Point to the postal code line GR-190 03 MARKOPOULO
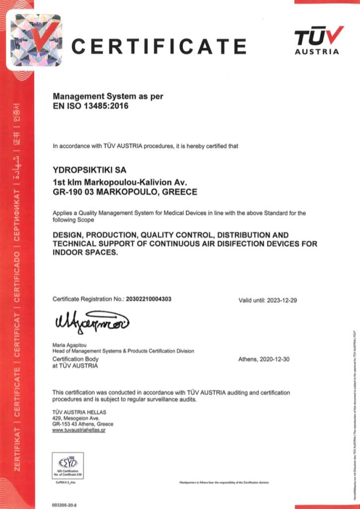tap(125, 191)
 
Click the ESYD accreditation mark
tap(68, 465)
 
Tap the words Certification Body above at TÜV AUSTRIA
tap(76, 359)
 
